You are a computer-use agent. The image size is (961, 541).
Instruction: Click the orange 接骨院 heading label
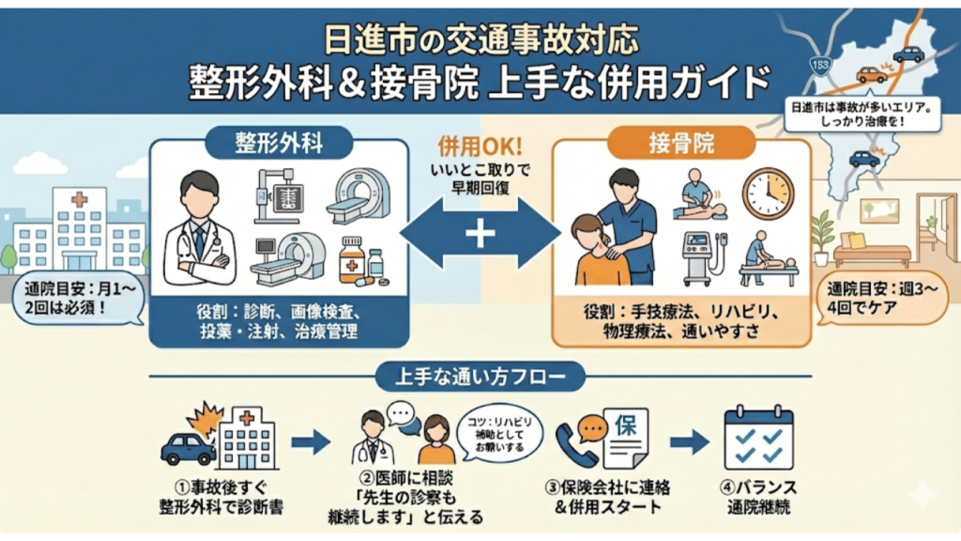pyautogui.click(x=680, y=143)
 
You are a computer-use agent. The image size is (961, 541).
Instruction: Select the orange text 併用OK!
pyautogui.click(x=480, y=148)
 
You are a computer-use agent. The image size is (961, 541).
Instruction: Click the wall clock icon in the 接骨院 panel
pyautogui.click(x=768, y=193)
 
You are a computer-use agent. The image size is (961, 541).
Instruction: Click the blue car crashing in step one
pyautogui.click(x=189, y=448)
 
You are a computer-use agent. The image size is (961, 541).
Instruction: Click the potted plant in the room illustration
pyautogui.click(x=823, y=235)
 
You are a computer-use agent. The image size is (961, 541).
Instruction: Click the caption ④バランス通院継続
pyautogui.click(x=759, y=496)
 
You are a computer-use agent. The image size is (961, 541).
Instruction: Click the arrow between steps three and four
pyautogui.click(x=688, y=441)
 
